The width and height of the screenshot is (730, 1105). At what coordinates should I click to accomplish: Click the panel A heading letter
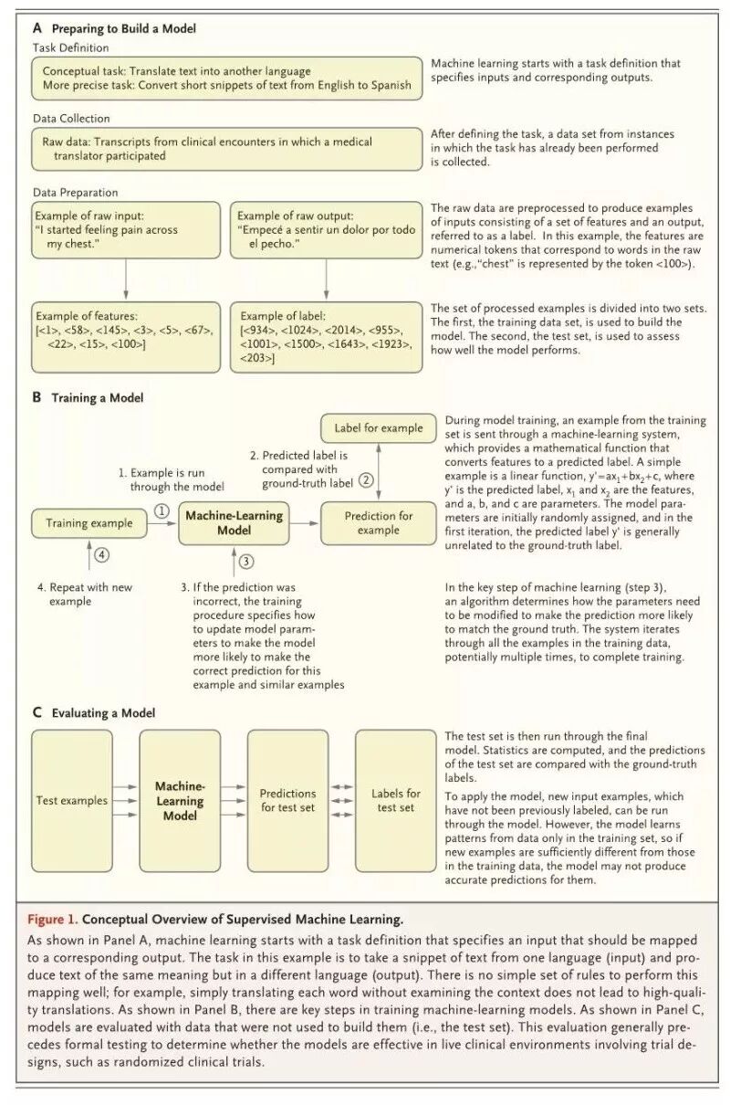coord(37,29)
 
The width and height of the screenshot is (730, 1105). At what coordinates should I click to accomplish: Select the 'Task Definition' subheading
coord(71,47)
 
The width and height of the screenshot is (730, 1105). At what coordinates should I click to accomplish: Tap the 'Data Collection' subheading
coord(71,119)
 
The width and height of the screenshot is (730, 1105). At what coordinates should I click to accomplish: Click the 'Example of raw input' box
coord(126,230)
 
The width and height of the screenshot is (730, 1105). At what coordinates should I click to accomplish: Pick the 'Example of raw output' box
coord(326,230)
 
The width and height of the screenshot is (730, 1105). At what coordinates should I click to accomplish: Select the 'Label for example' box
coord(379,428)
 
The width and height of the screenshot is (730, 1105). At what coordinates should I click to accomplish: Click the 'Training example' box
coord(89,523)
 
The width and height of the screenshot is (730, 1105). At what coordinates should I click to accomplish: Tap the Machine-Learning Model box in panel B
coord(235,522)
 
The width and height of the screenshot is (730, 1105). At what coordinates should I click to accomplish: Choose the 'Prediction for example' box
coord(379,523)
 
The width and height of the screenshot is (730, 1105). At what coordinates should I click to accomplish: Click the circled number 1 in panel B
coord(162,512)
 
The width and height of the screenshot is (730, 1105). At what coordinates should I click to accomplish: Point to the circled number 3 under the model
coord(246,562)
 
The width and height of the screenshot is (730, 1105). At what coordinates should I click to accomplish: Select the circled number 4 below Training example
coord(102,554)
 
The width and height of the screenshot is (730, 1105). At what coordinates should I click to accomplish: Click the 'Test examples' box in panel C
coord(72,801)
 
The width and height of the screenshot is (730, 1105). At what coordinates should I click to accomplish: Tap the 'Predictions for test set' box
coord(287,801)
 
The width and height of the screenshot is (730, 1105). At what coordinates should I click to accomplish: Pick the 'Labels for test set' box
coord(395,801)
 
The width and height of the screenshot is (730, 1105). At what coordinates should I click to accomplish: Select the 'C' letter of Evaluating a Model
coord(37,713)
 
